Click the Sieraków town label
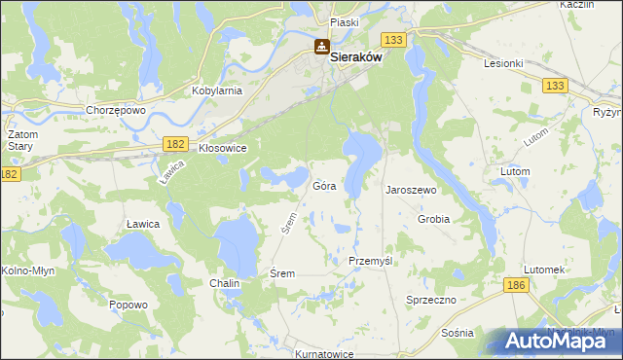355,57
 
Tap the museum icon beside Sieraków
321,47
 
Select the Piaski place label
345,21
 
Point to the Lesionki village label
504,63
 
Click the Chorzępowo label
116,110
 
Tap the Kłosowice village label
222,148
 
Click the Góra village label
324,185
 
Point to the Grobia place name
433,219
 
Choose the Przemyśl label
370,262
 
